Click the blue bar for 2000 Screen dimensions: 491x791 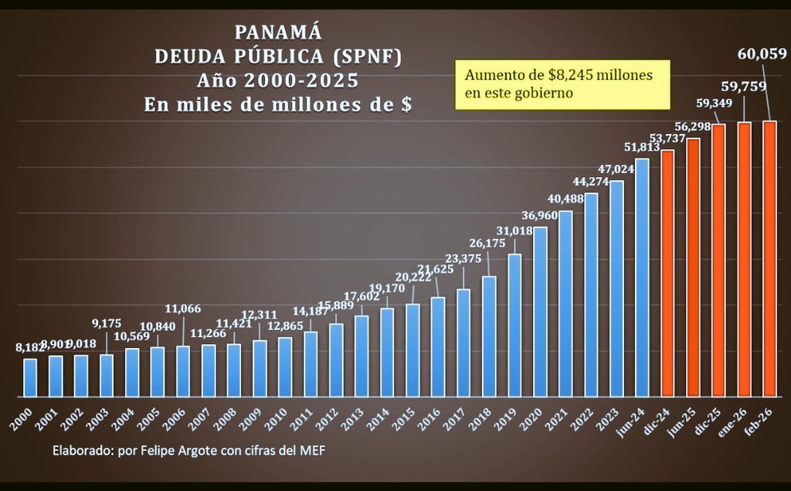tap(30, 377)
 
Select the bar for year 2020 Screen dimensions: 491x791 tap(540, 312)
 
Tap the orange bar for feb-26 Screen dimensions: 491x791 tap(769, 259)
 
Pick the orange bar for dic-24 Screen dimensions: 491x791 tap(667, 273)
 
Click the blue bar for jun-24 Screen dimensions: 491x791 tap(642, 278)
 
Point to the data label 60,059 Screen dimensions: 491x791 tap(762, 54)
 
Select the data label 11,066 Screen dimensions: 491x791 tap(182, 309)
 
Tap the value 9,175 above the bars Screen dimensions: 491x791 tap(107, 323)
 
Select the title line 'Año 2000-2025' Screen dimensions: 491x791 tap(277, 80)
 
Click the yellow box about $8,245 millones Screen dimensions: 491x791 tap(562, 84)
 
